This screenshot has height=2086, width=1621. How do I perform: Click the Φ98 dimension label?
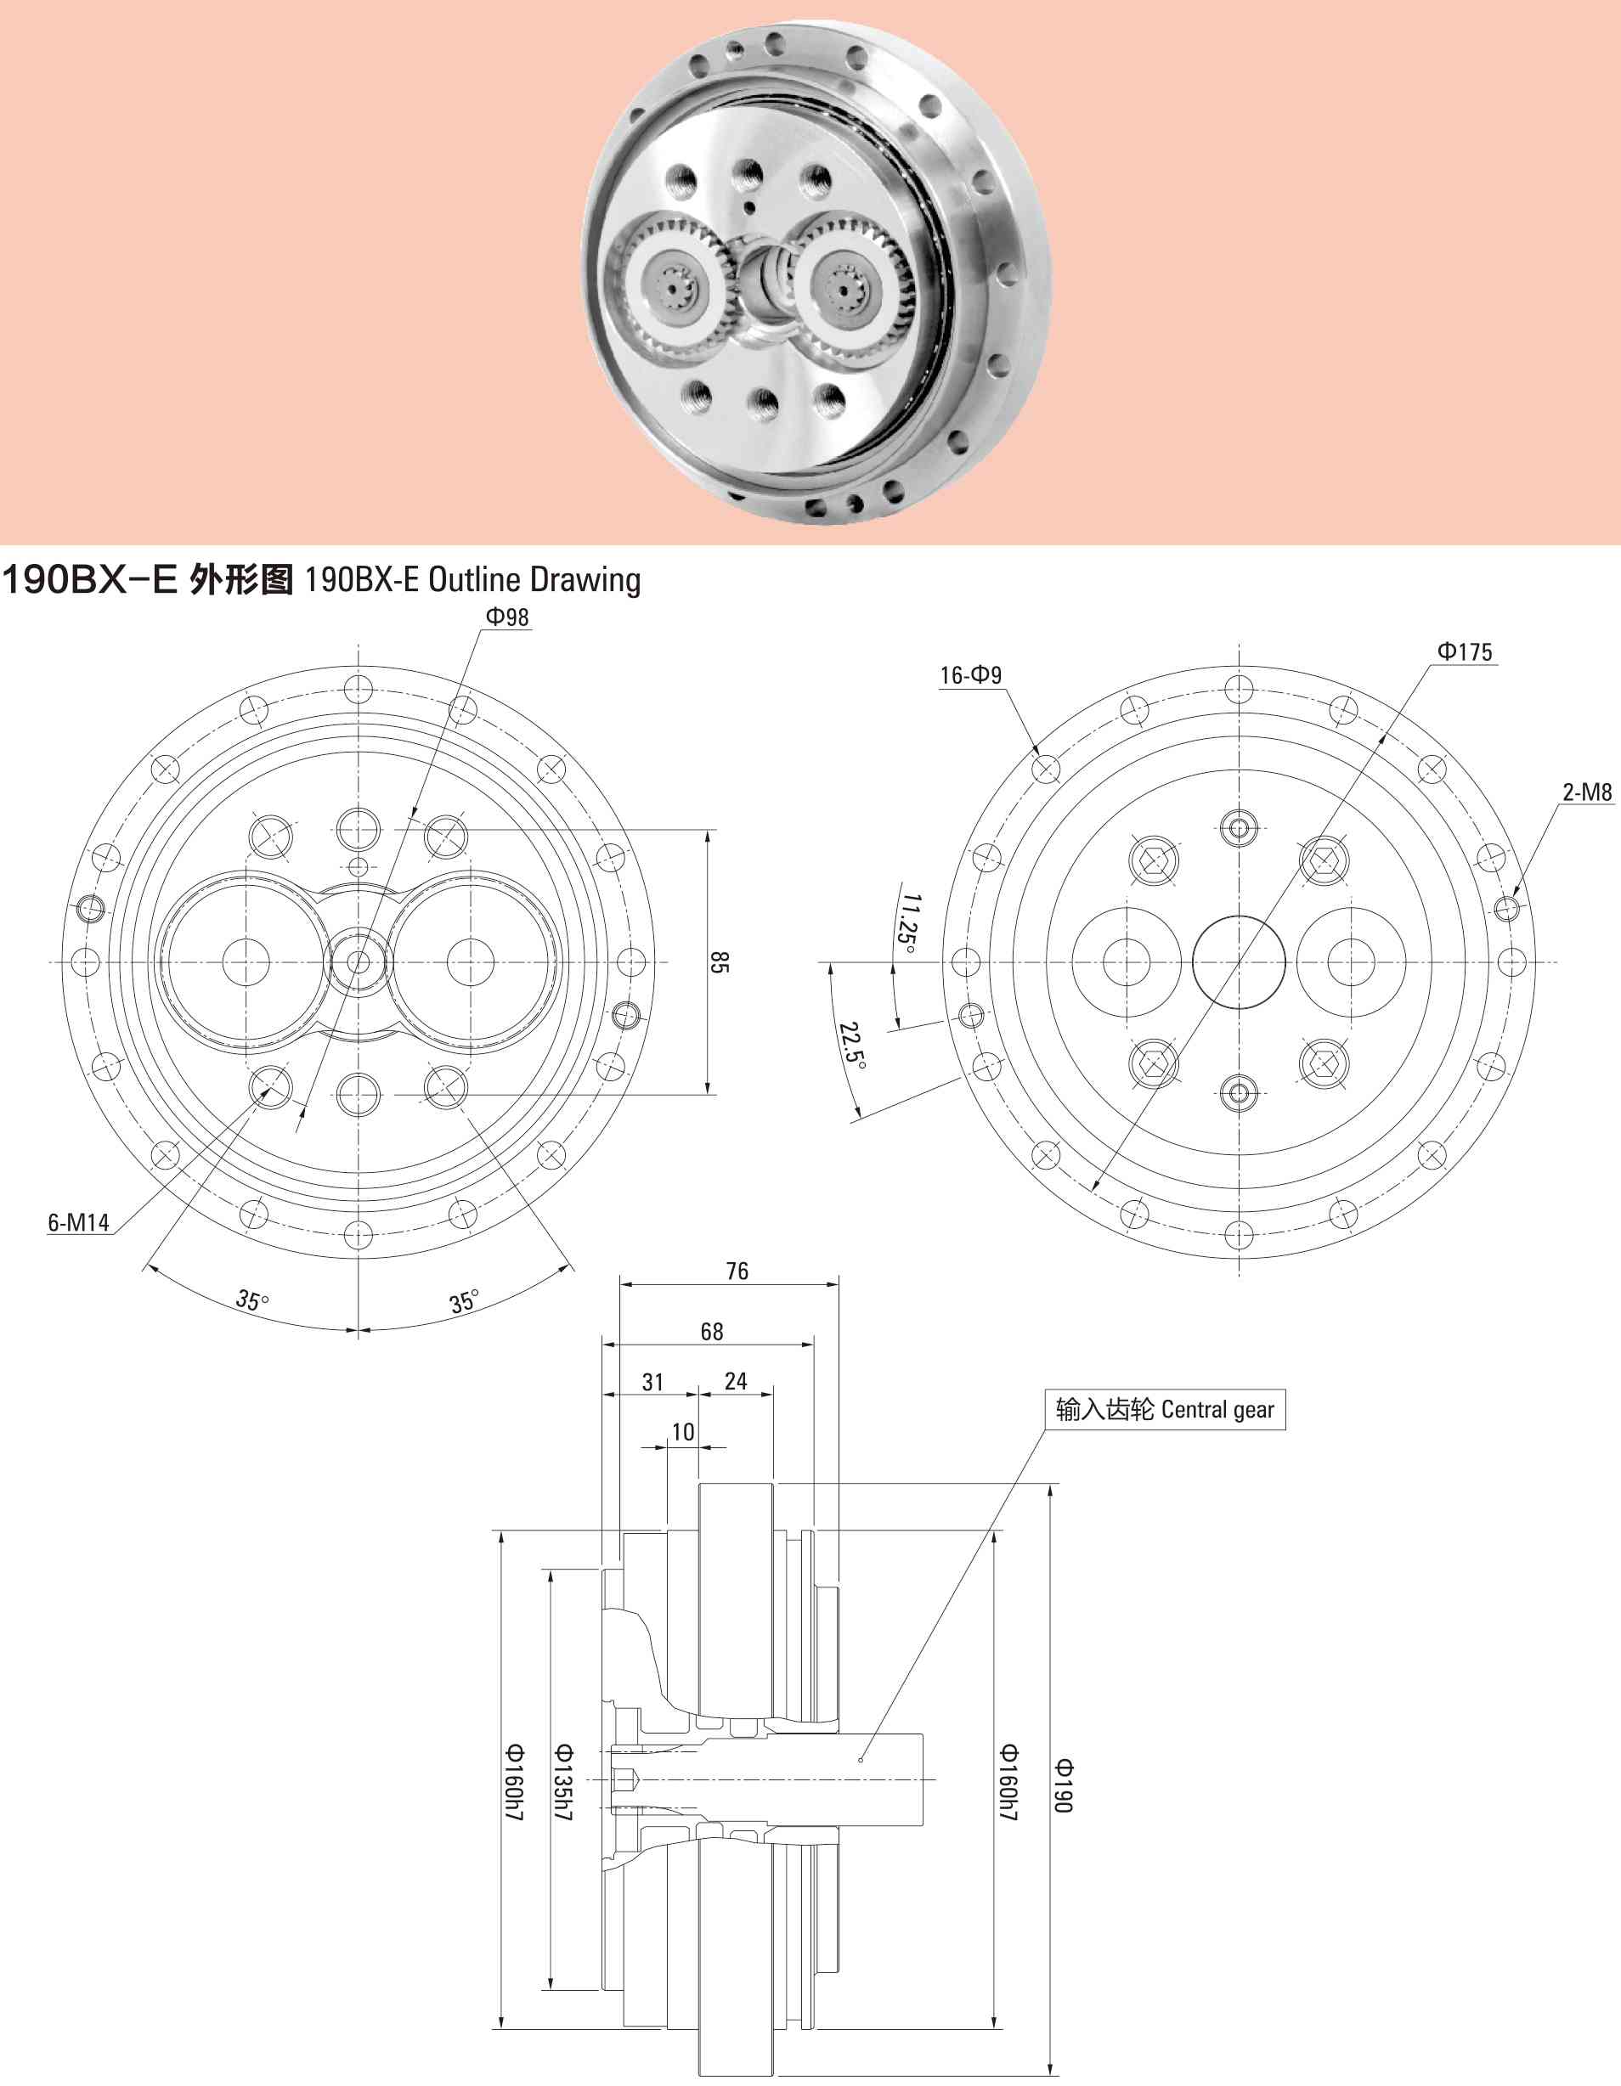coord(506,617)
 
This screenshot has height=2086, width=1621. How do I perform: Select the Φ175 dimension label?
coord(1465,651)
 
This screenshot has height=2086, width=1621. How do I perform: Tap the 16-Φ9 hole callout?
coord(970,675)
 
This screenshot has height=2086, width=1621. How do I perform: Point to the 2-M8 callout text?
coord(1588,792)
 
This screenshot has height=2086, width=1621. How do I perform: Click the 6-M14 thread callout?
coord(78,1222)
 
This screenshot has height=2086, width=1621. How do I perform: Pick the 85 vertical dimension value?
coord(720,961)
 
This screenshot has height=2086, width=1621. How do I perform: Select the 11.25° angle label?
coord(909,923)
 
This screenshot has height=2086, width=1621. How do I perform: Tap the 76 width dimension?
coord(737,1271)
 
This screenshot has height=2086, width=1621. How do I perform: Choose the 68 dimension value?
coord(712,1332)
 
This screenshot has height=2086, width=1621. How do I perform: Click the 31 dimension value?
coord(652,1382)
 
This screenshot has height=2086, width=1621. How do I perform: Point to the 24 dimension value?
coord(736,1381)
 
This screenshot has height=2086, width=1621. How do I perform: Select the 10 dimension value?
coord(683,1432)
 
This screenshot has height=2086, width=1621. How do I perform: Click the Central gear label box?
coord(1166,1410)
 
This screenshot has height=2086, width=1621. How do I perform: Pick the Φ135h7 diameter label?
coord(563,1782)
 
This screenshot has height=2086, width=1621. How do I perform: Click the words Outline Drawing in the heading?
coord(535,580)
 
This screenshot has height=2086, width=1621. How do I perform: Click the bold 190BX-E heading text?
coord(89,580)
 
